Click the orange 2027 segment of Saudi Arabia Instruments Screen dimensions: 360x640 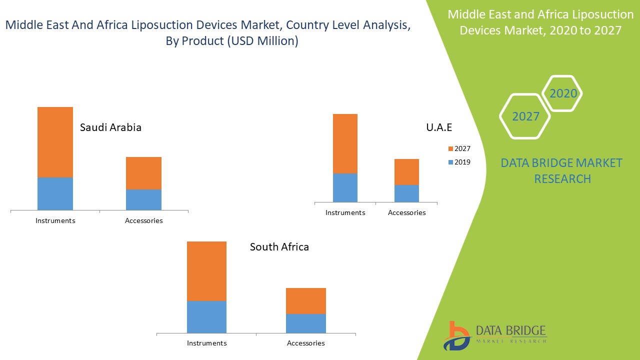tap(55, 142)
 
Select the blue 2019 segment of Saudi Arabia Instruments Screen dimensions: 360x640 tap(55, 193)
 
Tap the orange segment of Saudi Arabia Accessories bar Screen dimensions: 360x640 tap(143, 173)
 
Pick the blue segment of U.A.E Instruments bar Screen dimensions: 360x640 tap(345, 187)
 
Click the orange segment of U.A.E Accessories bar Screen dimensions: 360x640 tap(406, 172)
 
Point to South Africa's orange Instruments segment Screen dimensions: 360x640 tap(206, 271)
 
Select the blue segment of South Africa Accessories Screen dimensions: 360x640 tap(305, 323)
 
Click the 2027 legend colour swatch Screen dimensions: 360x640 tap(450, 148)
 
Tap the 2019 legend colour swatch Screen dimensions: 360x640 tap(450, 162)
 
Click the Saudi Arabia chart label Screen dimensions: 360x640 tap(110, 127)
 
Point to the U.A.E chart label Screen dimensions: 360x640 tap(439, 127)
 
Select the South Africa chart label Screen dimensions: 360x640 tap(279, 247)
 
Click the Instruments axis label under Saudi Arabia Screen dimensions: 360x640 tap(55, 220)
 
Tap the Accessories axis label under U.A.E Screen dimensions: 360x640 tap(406, 212)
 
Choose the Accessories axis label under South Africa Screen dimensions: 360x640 tap(305, 343)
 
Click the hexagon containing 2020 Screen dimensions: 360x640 tap(563, 93)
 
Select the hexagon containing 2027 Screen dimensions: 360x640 tap(525, 116)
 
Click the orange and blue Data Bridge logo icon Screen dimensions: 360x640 tap(456, 335)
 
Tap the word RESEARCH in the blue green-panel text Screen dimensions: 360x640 tap(562, 178)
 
